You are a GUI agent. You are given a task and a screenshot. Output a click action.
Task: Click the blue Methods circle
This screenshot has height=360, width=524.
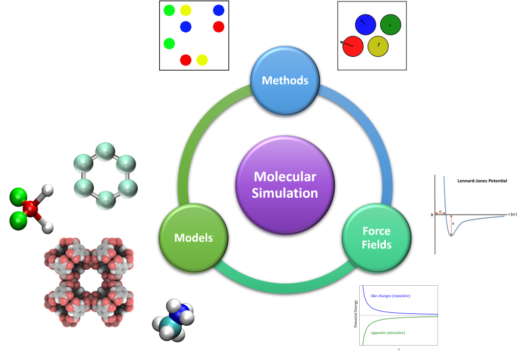pyautogui.click(x=285, y=80)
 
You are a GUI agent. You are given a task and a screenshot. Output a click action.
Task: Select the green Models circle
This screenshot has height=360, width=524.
pyautogui.click(x=193, y=238)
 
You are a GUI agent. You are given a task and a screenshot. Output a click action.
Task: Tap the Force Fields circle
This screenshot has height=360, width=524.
pyautogui.click(x=377, y=238)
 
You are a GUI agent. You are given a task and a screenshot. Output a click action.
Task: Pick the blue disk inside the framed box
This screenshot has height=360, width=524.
pyautogui.click(x=365, y=24)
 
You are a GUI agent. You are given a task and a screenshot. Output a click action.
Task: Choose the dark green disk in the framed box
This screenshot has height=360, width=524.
pyautogui.click(x=390, y=24)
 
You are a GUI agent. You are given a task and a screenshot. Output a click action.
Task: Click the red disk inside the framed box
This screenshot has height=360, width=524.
pyautogui.click(x=353, y=46)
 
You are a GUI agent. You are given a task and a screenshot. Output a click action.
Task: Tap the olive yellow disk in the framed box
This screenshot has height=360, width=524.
pyautogui.click(x=378, y=46)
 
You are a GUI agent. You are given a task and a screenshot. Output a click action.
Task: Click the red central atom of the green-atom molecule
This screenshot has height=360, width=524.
pyautogui.click(x=31, y=208)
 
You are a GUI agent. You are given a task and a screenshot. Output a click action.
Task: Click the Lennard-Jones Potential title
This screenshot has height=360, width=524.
pyautogui.click(x=482, y=181)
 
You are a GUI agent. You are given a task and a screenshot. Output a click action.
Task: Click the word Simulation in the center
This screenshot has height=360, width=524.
pyautogui.click(x=285, y=193)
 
